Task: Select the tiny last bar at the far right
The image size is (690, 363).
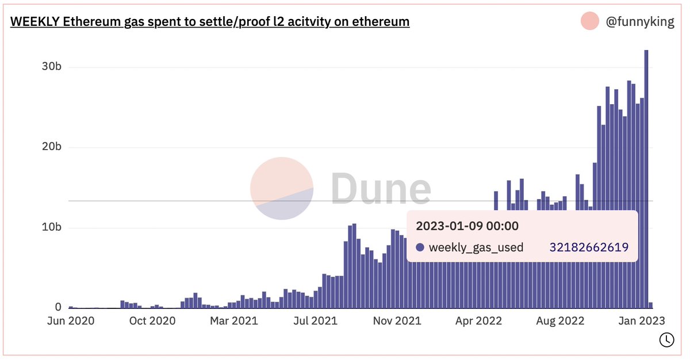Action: (651, 305)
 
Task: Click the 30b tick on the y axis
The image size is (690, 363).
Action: (51, 67)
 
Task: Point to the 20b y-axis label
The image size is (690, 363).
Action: (51, 147)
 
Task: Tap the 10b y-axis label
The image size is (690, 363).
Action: (51, 227)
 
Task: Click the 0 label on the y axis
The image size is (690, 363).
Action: (58, 308)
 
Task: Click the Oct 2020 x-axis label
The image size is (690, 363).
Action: (152, 321)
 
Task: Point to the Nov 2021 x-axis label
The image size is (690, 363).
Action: (397, 321)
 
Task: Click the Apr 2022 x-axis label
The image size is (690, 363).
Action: (478, 321)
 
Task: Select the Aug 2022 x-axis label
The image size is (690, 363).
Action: (560, 321)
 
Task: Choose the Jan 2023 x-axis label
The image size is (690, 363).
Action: (642, 321)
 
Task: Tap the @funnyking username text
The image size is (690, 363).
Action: (640, 22)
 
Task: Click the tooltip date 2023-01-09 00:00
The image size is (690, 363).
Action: (467, 226)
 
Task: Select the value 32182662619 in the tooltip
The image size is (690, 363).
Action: (589, 247)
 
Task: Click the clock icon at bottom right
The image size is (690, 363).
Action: (666, 339)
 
